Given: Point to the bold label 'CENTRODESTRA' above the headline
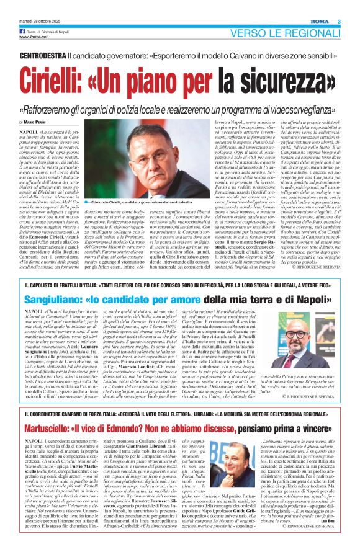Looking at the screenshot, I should [x=43, y=55].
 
